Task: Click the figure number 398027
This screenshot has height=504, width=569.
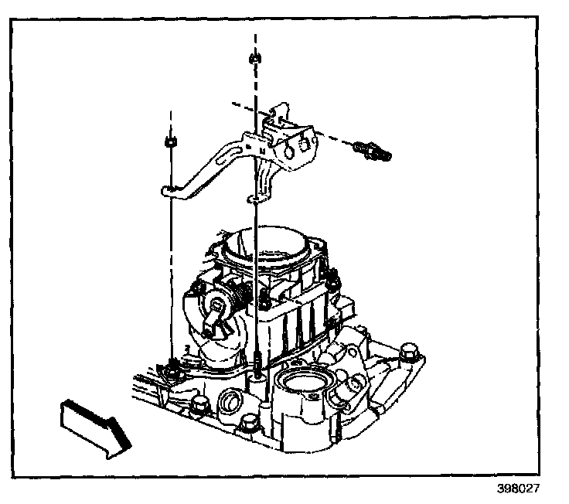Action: pyautogui.click(x=519, y=489)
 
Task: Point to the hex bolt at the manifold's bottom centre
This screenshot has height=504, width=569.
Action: pyautogui.click(x=249, y=423)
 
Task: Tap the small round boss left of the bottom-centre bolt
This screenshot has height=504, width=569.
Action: pyautogui.click(x=229, y=401)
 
